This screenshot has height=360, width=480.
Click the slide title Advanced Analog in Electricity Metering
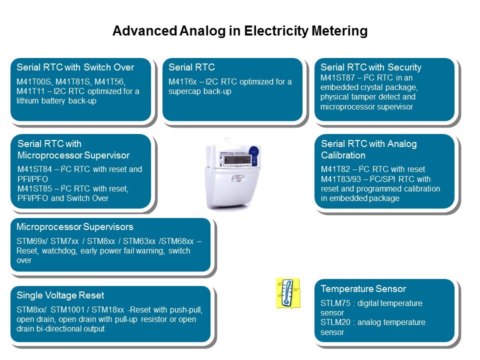pyautogui.click(x=240, y=31)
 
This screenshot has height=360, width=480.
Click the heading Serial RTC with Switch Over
pyautogui.click(x=75, y=67)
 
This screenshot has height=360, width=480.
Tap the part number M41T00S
pyautogui.click(x=34, y=81)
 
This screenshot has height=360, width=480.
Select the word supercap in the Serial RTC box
pyautogui.click(x=184, y=91)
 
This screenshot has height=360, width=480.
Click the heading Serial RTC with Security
pyautogui.click(x=371, y=67)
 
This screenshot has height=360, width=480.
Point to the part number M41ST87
pyautogui.click(x=337, y=78)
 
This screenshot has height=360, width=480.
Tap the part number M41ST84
pyautogui.click(x=34, y=169)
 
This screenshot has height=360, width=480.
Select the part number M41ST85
pyautogui.click(x=34, y=188)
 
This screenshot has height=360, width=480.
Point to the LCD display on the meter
pyautogui.click(x=236, y=160)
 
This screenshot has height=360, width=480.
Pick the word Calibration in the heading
pyautogui.click(x=343, y=155)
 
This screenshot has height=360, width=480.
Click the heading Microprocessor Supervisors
pyautogui.click(x=75, y=227)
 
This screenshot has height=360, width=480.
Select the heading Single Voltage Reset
pyautogui.click(x=60, y=295)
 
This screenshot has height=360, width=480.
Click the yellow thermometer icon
pyautogui.click(x=287, y=293)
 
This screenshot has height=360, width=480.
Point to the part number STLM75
pyautogui.click(x=335, y=303)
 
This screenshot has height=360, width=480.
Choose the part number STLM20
pyautogui.click(x=335, y=322)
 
